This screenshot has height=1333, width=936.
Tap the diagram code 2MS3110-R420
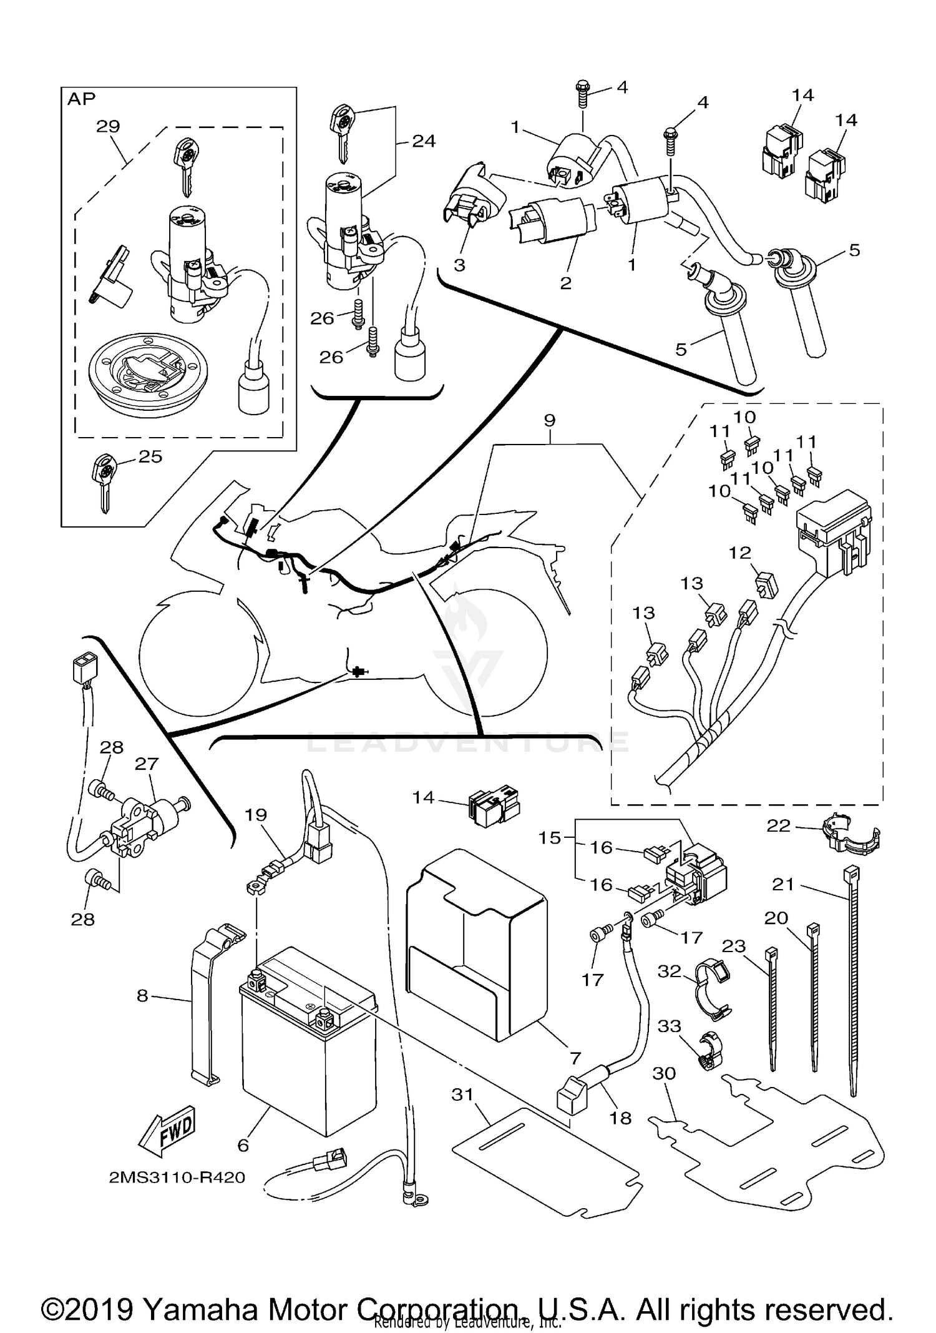coord(177,1178)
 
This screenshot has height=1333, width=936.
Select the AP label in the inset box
coord(81,99)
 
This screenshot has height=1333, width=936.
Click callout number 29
coord(108,126)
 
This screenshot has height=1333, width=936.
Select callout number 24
coord(424,142)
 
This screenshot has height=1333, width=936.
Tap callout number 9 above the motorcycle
coord(549,420)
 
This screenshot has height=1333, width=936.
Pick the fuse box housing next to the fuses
coord(833,531)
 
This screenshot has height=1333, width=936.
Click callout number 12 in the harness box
coord(740,553)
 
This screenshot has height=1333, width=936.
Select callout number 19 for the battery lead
coord(256,815)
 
